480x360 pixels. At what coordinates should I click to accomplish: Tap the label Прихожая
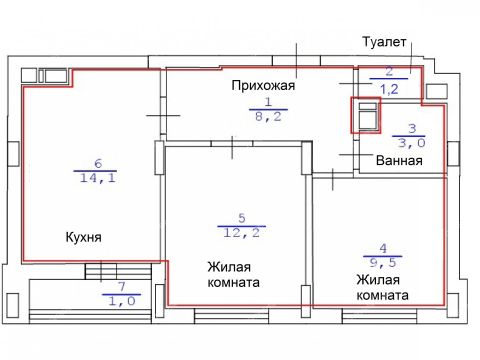click(262, 85)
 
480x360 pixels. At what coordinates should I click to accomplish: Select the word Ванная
click(397, 160)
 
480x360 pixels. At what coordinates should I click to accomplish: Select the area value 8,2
click(268, 116)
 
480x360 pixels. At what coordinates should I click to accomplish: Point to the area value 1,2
click(389, 88)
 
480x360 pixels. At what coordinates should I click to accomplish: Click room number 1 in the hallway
click(268, 102)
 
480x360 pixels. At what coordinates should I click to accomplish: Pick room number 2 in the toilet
click(389, 73)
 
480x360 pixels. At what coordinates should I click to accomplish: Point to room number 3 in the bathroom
click(410, 128)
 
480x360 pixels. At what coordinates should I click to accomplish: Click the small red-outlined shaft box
click(366, 115)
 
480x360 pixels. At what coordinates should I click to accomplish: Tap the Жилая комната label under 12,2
click(234, 275)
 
